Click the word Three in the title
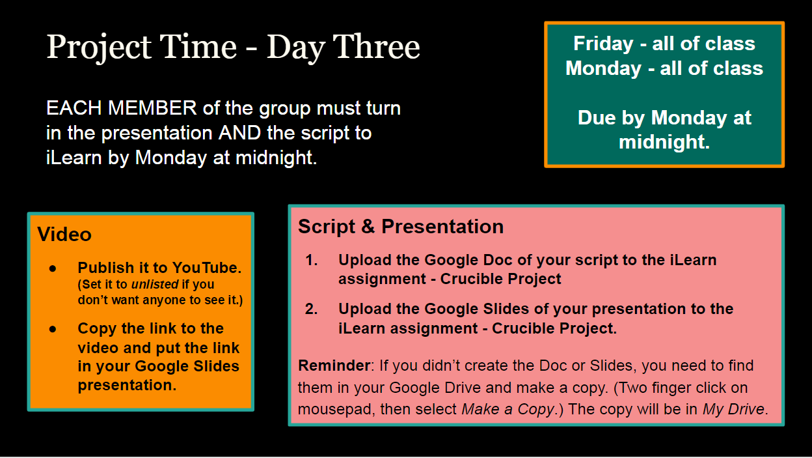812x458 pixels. click(376, 46)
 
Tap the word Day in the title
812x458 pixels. click(295, 49)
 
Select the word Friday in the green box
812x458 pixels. click(603, 44)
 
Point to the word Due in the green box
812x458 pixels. click(596, 117)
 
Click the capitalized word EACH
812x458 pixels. click(74, 107)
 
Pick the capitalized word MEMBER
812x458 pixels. click(152, 107)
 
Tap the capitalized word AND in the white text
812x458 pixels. click(239, 132)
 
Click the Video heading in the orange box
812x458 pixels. click(64, 234)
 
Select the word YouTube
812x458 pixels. click(207, 268)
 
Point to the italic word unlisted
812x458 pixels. click(155, 284)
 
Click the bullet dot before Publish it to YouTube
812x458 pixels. click(53, 268)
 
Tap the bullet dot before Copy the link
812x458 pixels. click(53, 329)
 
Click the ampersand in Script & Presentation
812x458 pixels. click(368, 227)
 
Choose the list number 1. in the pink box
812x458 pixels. click(312, 260)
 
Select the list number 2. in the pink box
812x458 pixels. click(312, 309)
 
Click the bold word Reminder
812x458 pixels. click(334, 365)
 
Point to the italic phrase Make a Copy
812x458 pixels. click(507, 409)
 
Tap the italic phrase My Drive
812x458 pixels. click(733, 409)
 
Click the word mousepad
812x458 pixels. click(336, 410)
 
